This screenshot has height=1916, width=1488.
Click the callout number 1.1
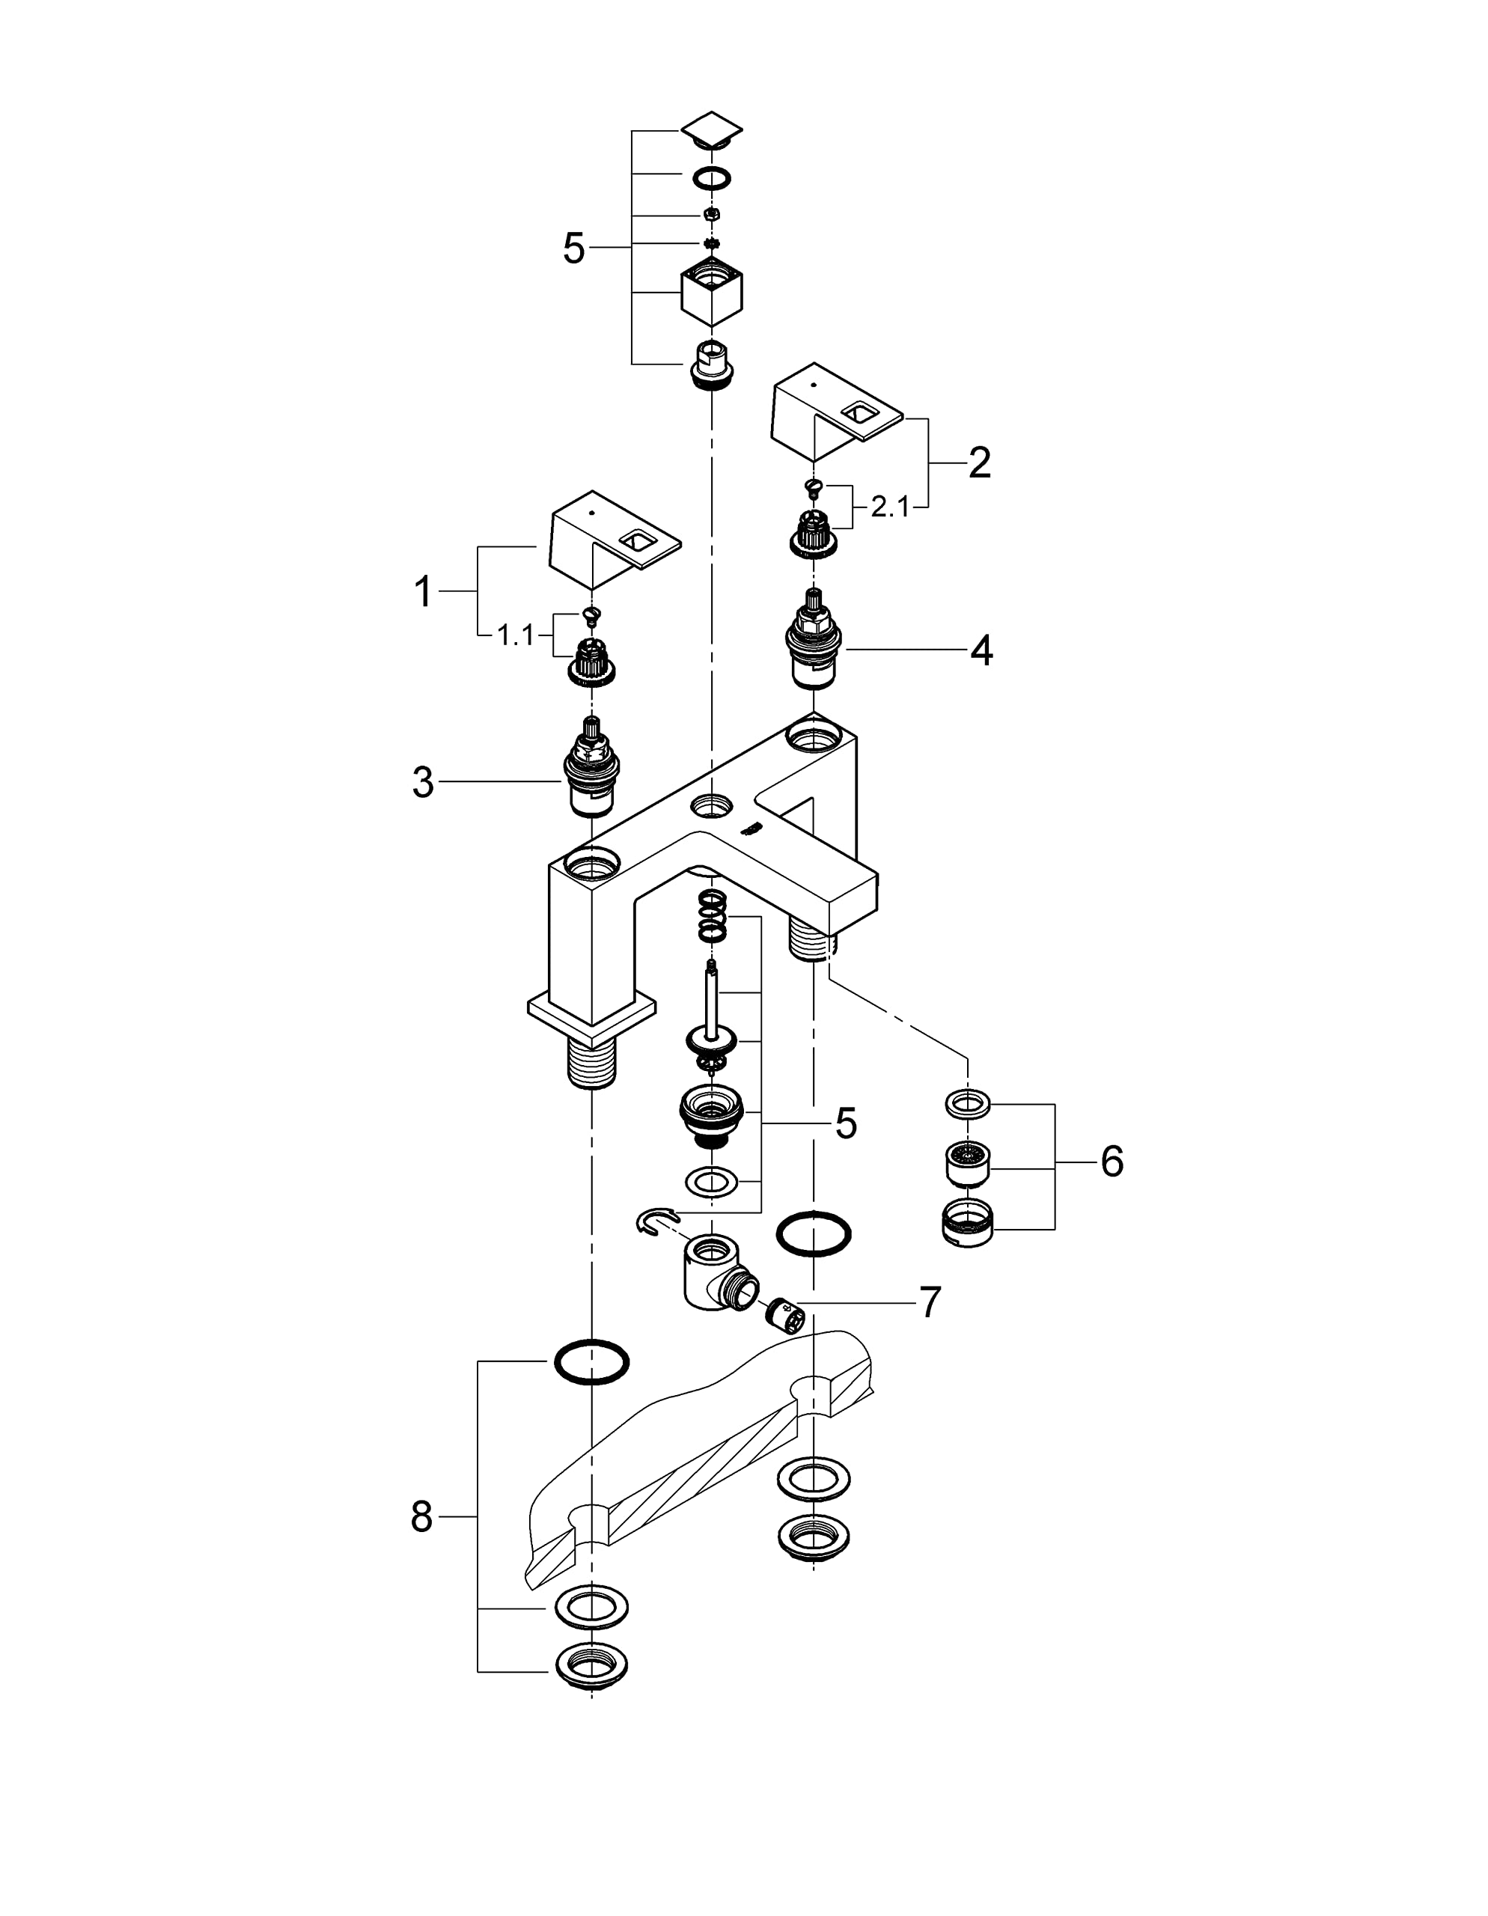click(516, 635)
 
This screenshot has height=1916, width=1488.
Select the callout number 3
click(423, 781)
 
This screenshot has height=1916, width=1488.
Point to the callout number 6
click(1112, 1162)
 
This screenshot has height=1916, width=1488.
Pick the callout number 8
click(422, 1516)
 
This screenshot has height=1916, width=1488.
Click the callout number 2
click(979, 463)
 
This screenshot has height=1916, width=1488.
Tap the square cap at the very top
click(712, 129)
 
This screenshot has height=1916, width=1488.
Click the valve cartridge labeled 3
click(591, 766)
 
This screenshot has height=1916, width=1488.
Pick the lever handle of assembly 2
click(837, 412)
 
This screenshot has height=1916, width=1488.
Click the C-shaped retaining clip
click(658, 1219)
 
